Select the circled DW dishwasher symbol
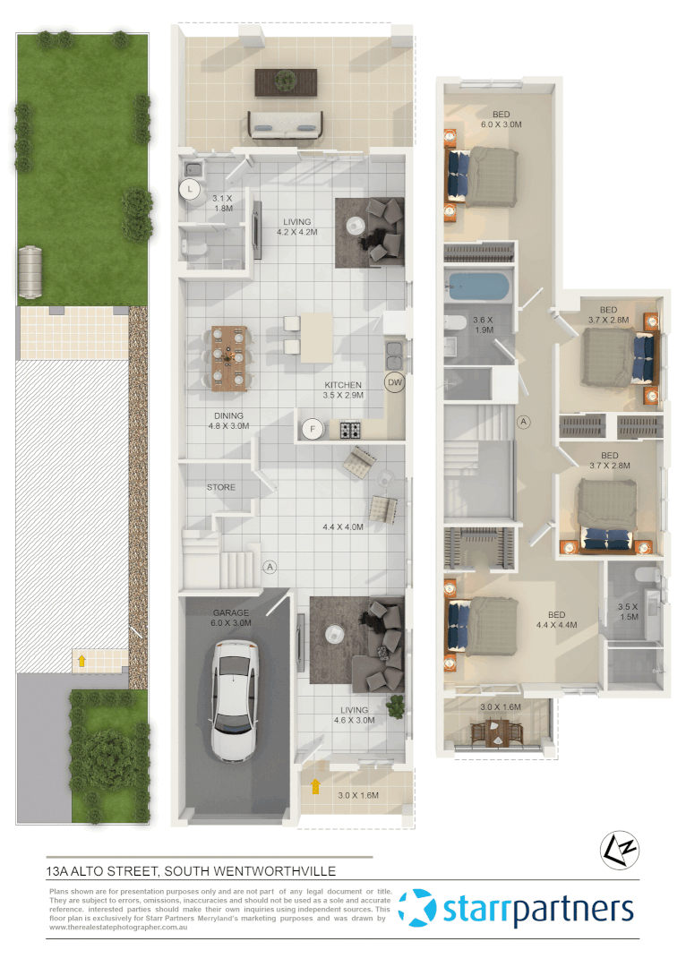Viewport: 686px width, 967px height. tap(394, 382)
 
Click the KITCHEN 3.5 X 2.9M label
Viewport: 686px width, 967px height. tap(343, 389)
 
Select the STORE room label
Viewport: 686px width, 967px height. tap(221, 488)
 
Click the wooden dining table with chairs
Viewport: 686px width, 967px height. tap(228, 355)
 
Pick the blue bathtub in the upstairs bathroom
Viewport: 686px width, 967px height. tap(478, 287)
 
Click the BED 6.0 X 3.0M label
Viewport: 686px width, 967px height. tap(501, 119)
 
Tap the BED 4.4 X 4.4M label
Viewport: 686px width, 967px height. tap(556, 620)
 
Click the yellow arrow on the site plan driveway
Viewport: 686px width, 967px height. tap(81, 661)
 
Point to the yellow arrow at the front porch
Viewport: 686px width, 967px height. tap(314, 786)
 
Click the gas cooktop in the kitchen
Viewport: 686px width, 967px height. tap(350, 430)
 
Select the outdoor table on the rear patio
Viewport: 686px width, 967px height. tap(285, 81)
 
